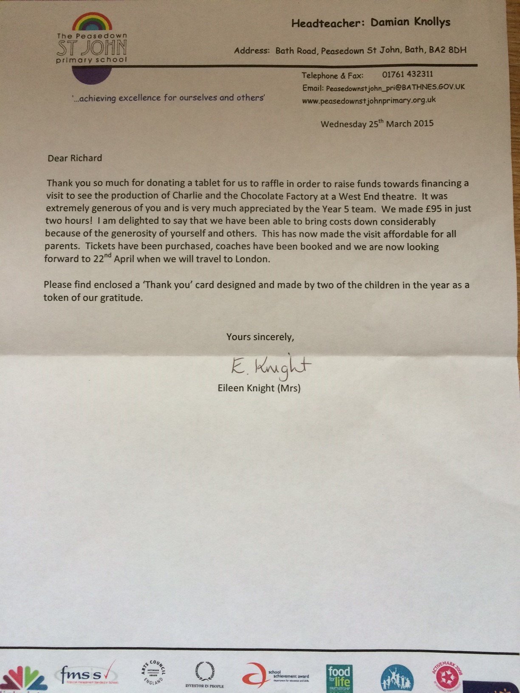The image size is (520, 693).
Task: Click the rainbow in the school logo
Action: (92, 24)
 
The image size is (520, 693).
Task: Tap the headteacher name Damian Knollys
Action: (410, 23)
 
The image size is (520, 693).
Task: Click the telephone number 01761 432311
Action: (407, 74)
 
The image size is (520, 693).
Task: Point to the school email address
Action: (395, 87)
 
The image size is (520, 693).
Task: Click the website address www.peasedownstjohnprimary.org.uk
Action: (369, 101)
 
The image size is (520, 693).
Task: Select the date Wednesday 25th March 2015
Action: (377, 124)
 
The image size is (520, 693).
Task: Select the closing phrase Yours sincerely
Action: (260, 337)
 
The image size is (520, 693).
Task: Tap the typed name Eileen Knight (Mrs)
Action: (259, 388)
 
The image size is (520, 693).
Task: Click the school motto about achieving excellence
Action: (168, 98)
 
